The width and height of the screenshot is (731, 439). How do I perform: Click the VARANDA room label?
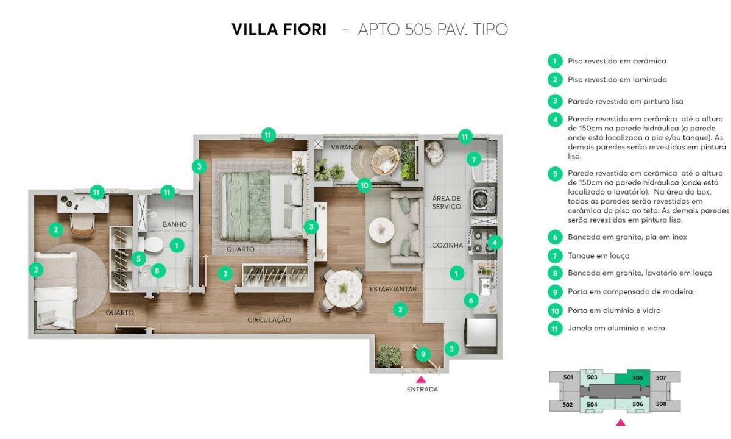click(347, 148)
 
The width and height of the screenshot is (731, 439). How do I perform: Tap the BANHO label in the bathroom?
click(174, 224)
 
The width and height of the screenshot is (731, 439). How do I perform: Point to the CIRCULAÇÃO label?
click(269, 319)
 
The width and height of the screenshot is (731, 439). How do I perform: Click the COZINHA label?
click(448, 245)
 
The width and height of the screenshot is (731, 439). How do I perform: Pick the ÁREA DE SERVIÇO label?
click(447, 202)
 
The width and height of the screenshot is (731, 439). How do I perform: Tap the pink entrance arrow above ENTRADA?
click(421, 379)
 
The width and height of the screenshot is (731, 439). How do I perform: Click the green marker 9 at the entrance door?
click(422, 353)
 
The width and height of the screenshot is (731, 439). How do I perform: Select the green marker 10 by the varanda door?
click(364, 185)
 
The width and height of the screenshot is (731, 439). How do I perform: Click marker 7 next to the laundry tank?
click(473, 159)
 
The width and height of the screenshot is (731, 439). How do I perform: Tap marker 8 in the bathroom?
click(157, 269)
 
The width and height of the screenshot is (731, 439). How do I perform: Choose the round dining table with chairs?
click(342, 290)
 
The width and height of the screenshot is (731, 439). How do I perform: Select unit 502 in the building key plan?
click(567, 404)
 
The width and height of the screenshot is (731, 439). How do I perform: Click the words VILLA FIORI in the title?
click(279, 29)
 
